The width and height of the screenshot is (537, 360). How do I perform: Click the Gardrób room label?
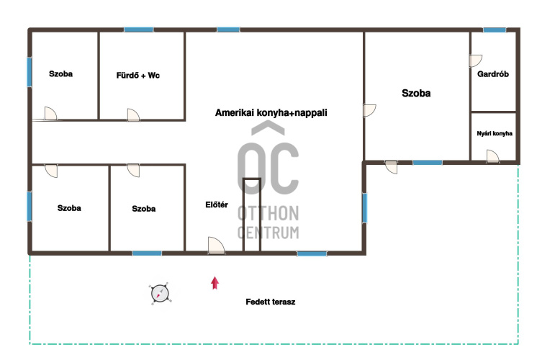493,74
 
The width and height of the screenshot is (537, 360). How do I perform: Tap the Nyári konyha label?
495,134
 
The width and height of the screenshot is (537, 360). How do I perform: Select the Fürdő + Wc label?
138,76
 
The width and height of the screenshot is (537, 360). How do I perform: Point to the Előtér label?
217,204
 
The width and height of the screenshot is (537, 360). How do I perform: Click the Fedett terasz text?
271,302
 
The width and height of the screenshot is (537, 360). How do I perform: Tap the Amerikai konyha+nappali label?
271,113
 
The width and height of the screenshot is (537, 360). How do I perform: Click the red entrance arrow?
215,283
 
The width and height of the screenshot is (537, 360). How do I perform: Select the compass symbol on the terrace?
160,294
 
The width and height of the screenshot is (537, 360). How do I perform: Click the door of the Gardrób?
476,60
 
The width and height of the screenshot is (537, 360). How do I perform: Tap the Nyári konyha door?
493,156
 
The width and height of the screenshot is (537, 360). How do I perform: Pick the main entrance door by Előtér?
216,246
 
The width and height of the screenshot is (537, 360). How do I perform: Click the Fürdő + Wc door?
133,114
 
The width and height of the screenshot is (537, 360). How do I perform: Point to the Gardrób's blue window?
495,30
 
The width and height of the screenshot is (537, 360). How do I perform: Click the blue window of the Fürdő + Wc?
139,30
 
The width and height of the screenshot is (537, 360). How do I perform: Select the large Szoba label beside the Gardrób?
416,93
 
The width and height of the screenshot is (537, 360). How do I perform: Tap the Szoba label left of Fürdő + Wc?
60,73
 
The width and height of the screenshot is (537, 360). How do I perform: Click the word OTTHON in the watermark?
268,213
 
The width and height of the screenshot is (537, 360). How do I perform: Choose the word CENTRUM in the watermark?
268,233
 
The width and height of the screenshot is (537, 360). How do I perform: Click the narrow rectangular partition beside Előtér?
252,215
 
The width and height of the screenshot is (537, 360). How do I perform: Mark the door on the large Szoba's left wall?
369,110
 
